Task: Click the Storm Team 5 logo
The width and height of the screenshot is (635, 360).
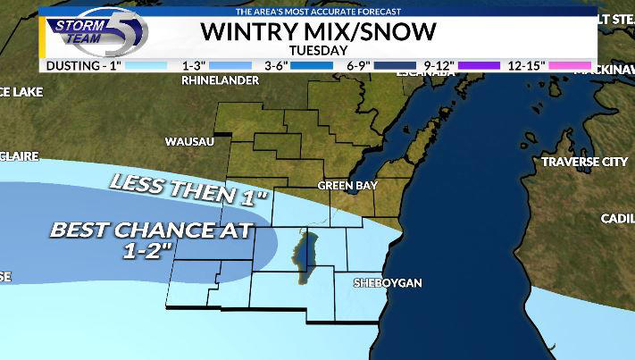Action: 95,32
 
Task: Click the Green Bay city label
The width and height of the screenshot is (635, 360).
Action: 347,186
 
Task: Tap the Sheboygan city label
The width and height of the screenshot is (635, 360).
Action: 387,282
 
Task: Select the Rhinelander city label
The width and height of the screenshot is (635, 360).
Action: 220,80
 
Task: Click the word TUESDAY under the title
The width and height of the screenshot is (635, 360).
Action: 318,51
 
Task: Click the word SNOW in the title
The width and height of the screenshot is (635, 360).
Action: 401,32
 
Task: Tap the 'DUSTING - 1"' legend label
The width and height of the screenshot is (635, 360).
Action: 83,65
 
